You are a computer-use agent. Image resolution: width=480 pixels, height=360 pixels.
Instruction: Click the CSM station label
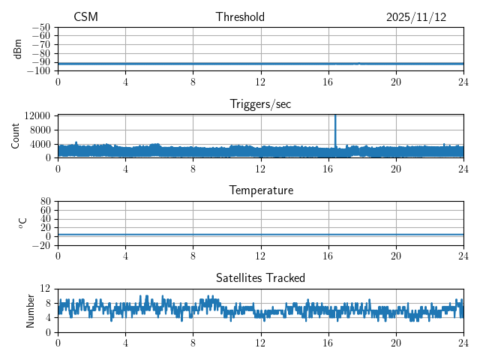point(85,17)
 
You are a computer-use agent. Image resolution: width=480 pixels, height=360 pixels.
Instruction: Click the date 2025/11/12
point(416,17)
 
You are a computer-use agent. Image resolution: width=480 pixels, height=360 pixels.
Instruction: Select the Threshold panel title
point(240,17)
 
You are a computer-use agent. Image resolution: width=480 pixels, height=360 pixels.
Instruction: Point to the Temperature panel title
point(260,191)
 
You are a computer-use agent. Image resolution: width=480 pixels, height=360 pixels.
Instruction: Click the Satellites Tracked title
point(260,278)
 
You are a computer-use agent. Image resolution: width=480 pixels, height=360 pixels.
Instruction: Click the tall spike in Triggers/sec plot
point(335,124)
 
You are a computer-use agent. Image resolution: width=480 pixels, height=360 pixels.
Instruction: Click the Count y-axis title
point(16,136)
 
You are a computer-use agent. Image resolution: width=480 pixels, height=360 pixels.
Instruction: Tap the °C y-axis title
point(22,223)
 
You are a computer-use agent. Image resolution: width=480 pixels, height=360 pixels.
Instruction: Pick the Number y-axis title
point(31,310)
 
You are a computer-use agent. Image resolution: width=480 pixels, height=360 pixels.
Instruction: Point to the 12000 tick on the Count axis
point(37,115)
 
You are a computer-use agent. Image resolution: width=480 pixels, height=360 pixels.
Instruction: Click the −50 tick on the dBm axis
point(41,27)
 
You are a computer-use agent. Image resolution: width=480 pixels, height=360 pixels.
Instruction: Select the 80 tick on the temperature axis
point(45,201)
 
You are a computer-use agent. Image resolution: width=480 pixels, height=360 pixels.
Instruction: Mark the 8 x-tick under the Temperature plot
point(193,254)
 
